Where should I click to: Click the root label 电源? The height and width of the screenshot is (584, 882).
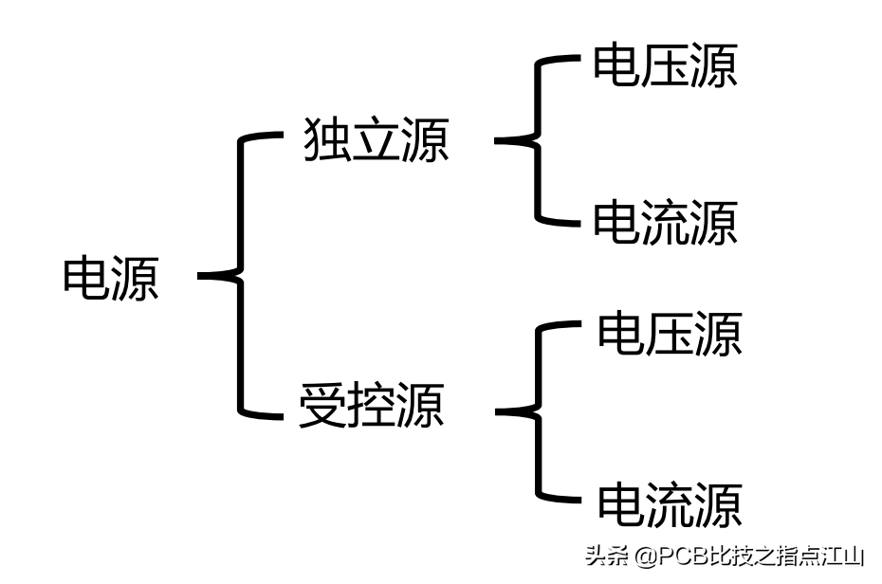pyautogui.click(x=111, y=278)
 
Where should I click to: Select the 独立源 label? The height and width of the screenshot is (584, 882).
pyautogui.click(x=376, y=140)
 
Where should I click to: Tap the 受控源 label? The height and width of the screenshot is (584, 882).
pyautogui.click(x=372, y=406)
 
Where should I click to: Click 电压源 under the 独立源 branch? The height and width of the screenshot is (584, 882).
pyautogui.click(x=665, y=66)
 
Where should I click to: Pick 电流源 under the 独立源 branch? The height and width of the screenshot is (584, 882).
pyautogui.click(x=665, y=223)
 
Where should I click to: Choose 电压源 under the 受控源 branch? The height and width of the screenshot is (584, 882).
pyautogui.click(x=670, y=333)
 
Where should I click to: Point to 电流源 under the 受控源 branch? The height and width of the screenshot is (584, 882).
pyautogui.click(x=670, y=503)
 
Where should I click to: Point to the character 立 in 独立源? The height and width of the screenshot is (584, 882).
pyautogui.click(x=376, y=140)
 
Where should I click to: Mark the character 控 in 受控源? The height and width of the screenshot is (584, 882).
pyautogui.click(x=372, y=406)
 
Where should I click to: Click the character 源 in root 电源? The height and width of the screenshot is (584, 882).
pyautogui.click(x=135, y=278)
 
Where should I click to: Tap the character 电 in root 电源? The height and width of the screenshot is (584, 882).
pyautogui.click(x=86, y=278)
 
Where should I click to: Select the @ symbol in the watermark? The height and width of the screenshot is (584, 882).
pyautogui.click(x=646, y=556)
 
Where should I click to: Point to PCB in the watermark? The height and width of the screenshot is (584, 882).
pyautogui.click(x=681, y=556)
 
